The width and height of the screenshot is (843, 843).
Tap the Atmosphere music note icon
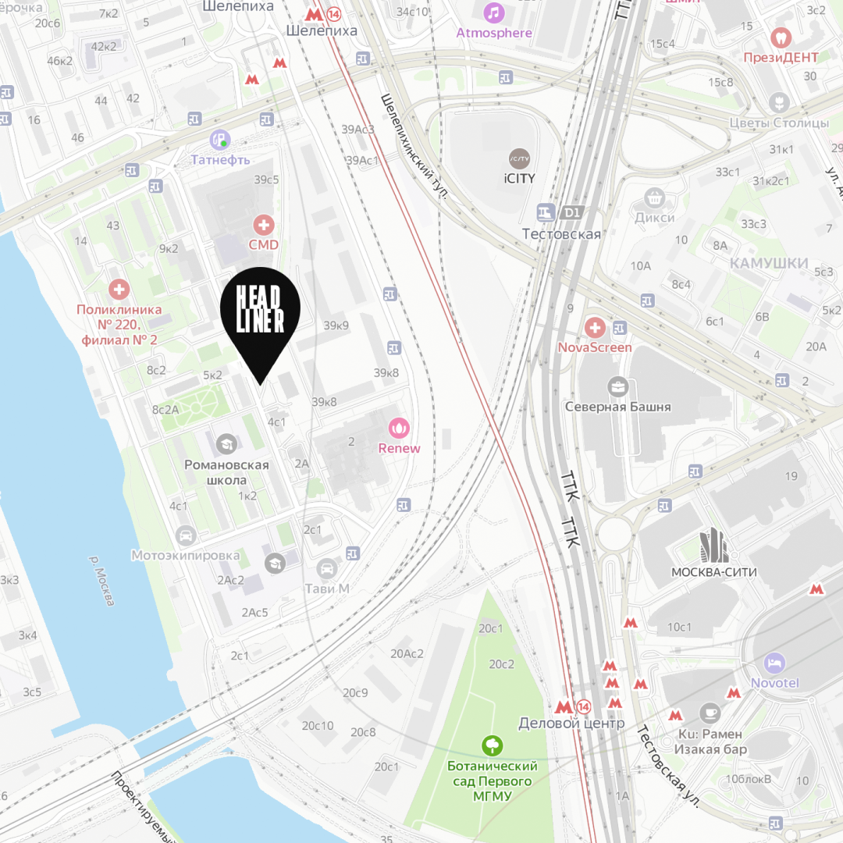coord(493,12)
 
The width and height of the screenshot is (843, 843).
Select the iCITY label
coord(519,178)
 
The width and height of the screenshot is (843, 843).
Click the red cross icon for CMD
coord(264,226)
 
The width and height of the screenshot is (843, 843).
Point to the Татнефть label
coord(221,159)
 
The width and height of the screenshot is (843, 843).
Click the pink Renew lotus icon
coord(399,428)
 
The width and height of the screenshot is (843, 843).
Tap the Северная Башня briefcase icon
coord(618,386)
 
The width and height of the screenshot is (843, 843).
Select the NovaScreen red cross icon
coord(595,327)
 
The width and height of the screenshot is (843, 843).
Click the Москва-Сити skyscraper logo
coord(713,546)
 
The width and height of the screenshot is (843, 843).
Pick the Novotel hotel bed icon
coord(774,663)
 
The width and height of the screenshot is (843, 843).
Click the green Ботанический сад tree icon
coord(492,745)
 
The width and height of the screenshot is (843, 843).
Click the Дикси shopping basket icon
coord(654,197)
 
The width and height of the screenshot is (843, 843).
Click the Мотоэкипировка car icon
coord(185,535)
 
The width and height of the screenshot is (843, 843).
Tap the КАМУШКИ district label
coord(769,263)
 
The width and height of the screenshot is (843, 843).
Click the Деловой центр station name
coord(571,724)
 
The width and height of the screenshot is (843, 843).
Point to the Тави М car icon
coord(327,568)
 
